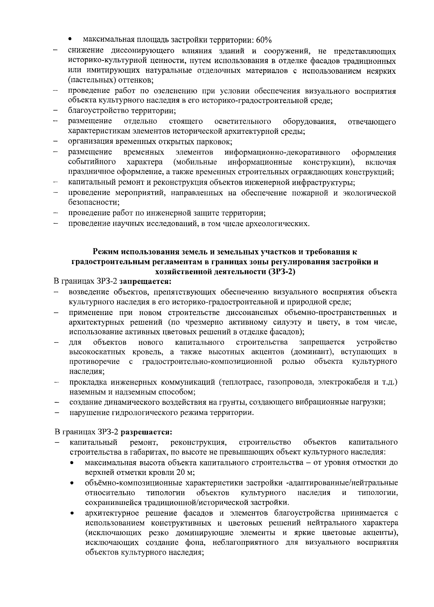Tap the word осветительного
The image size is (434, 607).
pyautogui.click(x=243, y=121)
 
